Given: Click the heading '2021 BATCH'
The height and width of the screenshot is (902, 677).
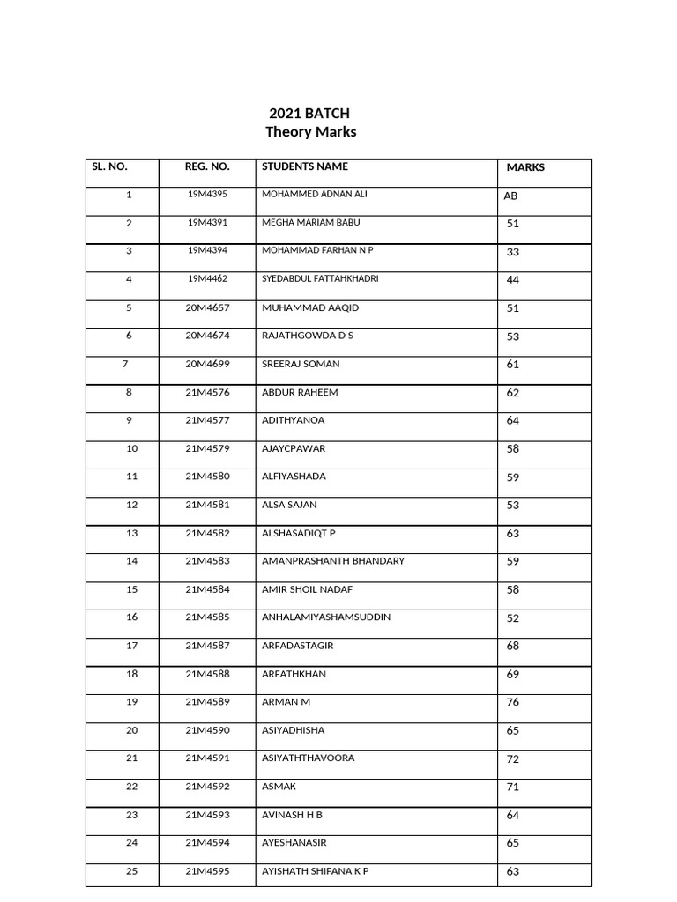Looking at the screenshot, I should pos(309,113).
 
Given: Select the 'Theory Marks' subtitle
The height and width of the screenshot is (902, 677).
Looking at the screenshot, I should pos(311,132).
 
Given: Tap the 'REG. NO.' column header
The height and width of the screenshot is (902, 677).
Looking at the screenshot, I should pos(207,166).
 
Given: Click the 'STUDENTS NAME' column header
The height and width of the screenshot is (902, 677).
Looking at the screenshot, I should pos(305,166).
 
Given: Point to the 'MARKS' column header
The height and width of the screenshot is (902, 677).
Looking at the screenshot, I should pos(525,167).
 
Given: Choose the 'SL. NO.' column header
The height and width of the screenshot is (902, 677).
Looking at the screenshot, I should pos(110,166).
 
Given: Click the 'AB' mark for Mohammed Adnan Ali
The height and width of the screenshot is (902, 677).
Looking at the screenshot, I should pos(510,196).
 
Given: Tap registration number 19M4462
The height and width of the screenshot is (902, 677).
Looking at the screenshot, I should pos(207,279).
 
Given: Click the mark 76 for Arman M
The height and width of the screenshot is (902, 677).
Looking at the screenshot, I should pos(513,703).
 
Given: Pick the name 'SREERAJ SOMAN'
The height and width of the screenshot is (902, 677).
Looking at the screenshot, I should pos(301,364).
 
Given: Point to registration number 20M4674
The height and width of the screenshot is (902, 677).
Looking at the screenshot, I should pos(207,336).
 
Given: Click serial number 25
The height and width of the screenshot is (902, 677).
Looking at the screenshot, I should pos(132,871).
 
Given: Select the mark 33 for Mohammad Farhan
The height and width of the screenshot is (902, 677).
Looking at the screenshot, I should pos(513,252).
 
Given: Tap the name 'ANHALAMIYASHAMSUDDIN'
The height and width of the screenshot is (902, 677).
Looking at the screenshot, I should pos(326,617).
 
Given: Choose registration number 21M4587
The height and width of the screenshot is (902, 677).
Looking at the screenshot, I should pos(207,646).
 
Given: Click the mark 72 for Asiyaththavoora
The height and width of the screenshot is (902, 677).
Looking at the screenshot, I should pos(513,759).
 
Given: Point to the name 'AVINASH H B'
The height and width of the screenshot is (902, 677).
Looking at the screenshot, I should pos(293,815).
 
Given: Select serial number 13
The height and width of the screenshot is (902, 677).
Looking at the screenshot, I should pos(132,533).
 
